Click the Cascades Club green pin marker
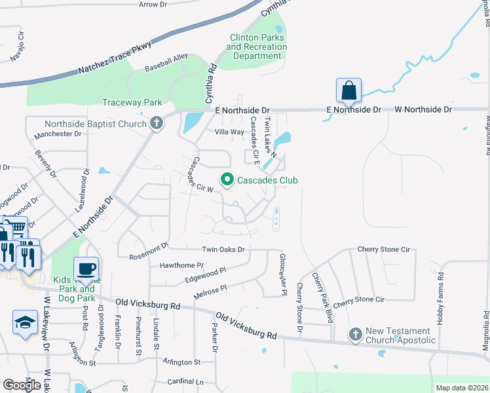[x=227, y=179]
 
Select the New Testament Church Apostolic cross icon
[x=356, y=335]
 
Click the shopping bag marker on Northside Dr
[x=349, y=91]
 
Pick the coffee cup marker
[x=85, y=268]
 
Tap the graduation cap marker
[x=26, y=322]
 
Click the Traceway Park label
[x=132, y=103]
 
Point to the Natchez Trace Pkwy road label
[x=115, y=58]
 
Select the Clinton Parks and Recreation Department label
[x=257, y=47]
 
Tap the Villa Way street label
[x=229, y=132]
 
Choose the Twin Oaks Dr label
[x=223, y=250]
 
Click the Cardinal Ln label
[x=185, y=382]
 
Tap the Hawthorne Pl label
[x=181, y=266]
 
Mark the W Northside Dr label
[x=423, y=109]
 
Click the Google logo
[x=22, y=384]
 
